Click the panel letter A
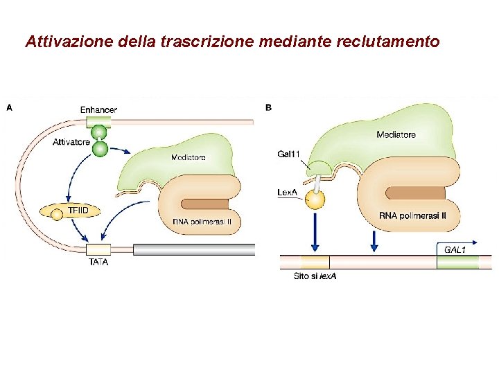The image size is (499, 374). click(8, 108)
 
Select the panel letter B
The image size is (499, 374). click(268, 108)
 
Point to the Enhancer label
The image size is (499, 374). click(98, 109)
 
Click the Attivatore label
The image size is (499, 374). click(71, 142)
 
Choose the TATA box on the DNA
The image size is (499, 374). click(98, 249)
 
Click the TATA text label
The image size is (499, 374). click(98, 262)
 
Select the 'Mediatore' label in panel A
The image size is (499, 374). click(189, 157)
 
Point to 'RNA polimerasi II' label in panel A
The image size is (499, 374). click(201, 222)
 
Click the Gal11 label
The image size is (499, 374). click(288, 154)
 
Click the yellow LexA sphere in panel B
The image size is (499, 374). click(316, 201)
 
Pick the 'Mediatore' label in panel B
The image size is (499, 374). click(396, 134)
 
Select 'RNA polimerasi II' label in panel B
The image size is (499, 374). click(413, 215)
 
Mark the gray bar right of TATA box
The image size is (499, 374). click(194, 249)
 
